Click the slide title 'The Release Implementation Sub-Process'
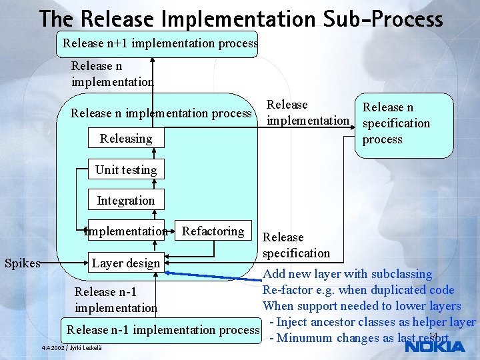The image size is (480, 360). pyautogui.click(x=241, y=18)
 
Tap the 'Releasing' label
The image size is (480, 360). pyautogui.click(x=125, y=139)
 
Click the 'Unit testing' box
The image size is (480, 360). pyautogui.click(x=125, y=169)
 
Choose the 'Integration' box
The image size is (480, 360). pyautogui.click(x=125, y=200)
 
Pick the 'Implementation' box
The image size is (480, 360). pyautogui.click(x=125, y=231)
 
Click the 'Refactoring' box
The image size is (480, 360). pyautogui.click(x=213, y=231)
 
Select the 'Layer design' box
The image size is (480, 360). pyautogui.click(x=125, y=263)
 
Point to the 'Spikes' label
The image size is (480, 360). pyautogui.click(x=23, y=263)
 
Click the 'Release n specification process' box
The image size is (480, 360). pyautogui.click(x=403, y=123)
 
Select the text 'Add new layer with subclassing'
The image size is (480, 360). pyautogui.click(x=347, y=273)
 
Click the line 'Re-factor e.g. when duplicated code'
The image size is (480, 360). pyautogui.click(x=358, y=289)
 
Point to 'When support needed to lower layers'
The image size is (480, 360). pyautogui.click(x=361, y=305)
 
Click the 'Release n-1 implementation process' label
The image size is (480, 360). pyautogui.click(x=161, y=329)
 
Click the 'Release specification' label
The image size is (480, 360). pyautogui.click(x=296, y=245)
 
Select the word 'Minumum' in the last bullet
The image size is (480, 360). pyautogui.click(x=305, y=337)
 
